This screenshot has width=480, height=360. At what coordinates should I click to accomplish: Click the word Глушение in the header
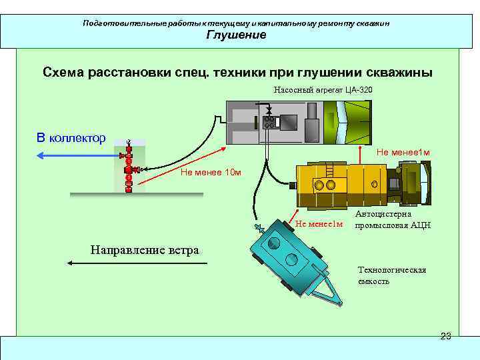[x=236, y=35]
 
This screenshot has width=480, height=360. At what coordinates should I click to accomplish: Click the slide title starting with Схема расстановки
[x=237, y=72]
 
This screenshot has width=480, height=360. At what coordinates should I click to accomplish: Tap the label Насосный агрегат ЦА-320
[x=323, y=90]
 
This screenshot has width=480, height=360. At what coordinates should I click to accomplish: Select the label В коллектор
[x=71, y=138]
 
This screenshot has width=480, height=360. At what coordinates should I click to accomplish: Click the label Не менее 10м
[x=210, y=173]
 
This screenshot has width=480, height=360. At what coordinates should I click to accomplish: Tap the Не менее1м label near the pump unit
[x=403, y=153]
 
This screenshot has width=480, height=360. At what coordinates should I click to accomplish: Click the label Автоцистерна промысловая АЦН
[x=393, y=220]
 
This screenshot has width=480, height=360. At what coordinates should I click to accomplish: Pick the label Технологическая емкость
[x=392, y=275]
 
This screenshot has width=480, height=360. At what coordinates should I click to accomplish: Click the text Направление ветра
[x=144, y=251]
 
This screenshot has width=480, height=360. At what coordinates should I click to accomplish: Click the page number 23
[x=446, y=336]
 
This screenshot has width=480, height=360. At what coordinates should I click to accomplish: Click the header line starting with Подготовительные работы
[x=236, y=23]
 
